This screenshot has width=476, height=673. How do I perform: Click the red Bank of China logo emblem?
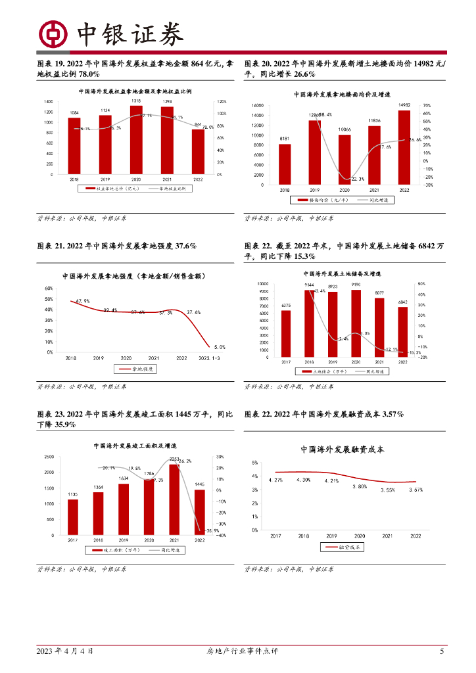tap(53, 34)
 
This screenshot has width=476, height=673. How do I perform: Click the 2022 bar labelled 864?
tap(198, 151)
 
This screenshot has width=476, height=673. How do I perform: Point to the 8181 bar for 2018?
tap(285, 164)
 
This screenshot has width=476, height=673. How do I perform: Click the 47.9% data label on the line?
tap(82, 301)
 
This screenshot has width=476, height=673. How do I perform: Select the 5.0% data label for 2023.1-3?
tap(220, 346)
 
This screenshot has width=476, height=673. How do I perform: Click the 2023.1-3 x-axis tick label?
tap(210, 358)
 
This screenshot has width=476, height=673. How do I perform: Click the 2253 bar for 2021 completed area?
tap(174, 499)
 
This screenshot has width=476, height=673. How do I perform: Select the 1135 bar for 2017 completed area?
tap(73, 517)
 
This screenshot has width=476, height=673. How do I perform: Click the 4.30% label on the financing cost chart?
tap(303, 480)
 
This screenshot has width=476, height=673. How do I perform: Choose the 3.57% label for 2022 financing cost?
tap(416, 489)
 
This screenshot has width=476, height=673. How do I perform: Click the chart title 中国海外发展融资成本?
tap(342, 450)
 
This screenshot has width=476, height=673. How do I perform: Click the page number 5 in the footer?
tap(442, 651)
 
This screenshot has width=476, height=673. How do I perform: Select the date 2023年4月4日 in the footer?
tap(65, 651)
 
